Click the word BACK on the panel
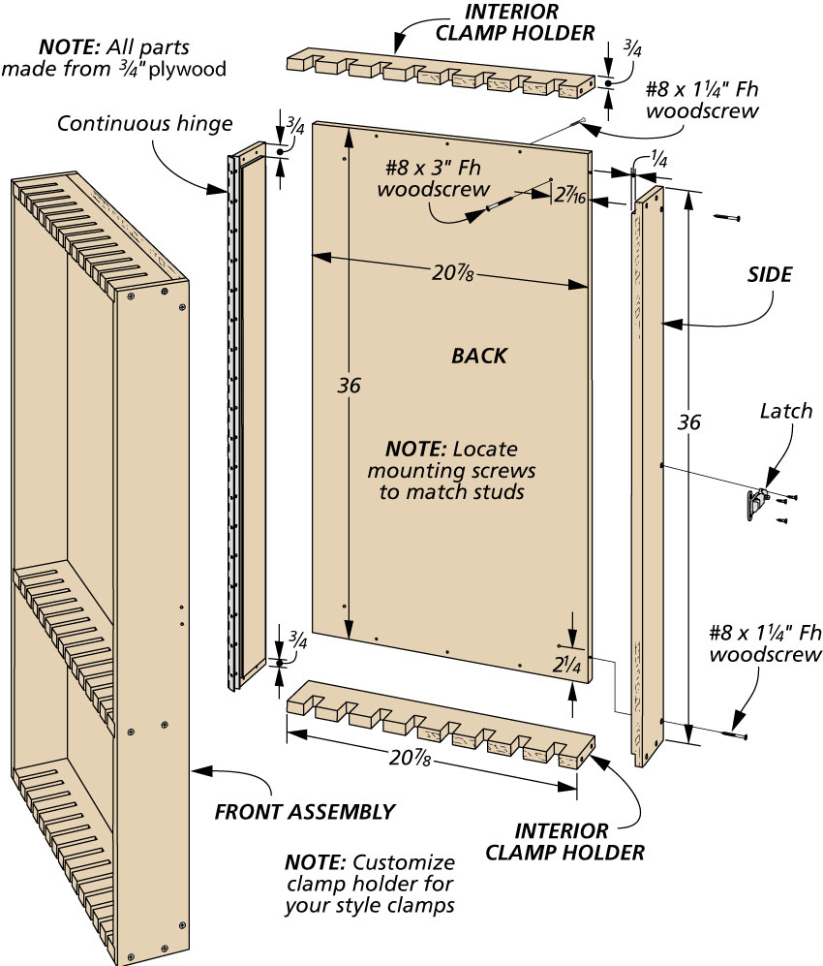tap(478, 357)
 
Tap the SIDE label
tap(769, 274)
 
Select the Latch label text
tap(785, 412)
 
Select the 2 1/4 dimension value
tap(566, 665)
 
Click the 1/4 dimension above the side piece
tap(657, 163)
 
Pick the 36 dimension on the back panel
tap(350, 386)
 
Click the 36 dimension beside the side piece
tap(689, 422)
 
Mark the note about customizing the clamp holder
tap(369, 884)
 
